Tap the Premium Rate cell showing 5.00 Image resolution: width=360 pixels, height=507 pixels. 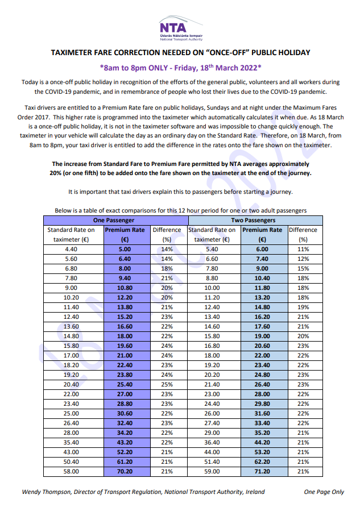point(125,249)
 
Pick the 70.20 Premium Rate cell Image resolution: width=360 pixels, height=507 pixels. point(125,471)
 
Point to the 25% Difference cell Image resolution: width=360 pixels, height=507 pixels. point(166,384)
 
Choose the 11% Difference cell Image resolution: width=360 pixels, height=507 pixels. point(303,249)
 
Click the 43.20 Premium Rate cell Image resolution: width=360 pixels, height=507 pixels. point(125,442)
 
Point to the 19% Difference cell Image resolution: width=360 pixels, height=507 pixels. point(303,307)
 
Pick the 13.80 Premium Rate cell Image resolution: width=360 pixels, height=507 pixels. point(125,307)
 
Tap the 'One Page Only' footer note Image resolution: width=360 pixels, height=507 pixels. point(324,492)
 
